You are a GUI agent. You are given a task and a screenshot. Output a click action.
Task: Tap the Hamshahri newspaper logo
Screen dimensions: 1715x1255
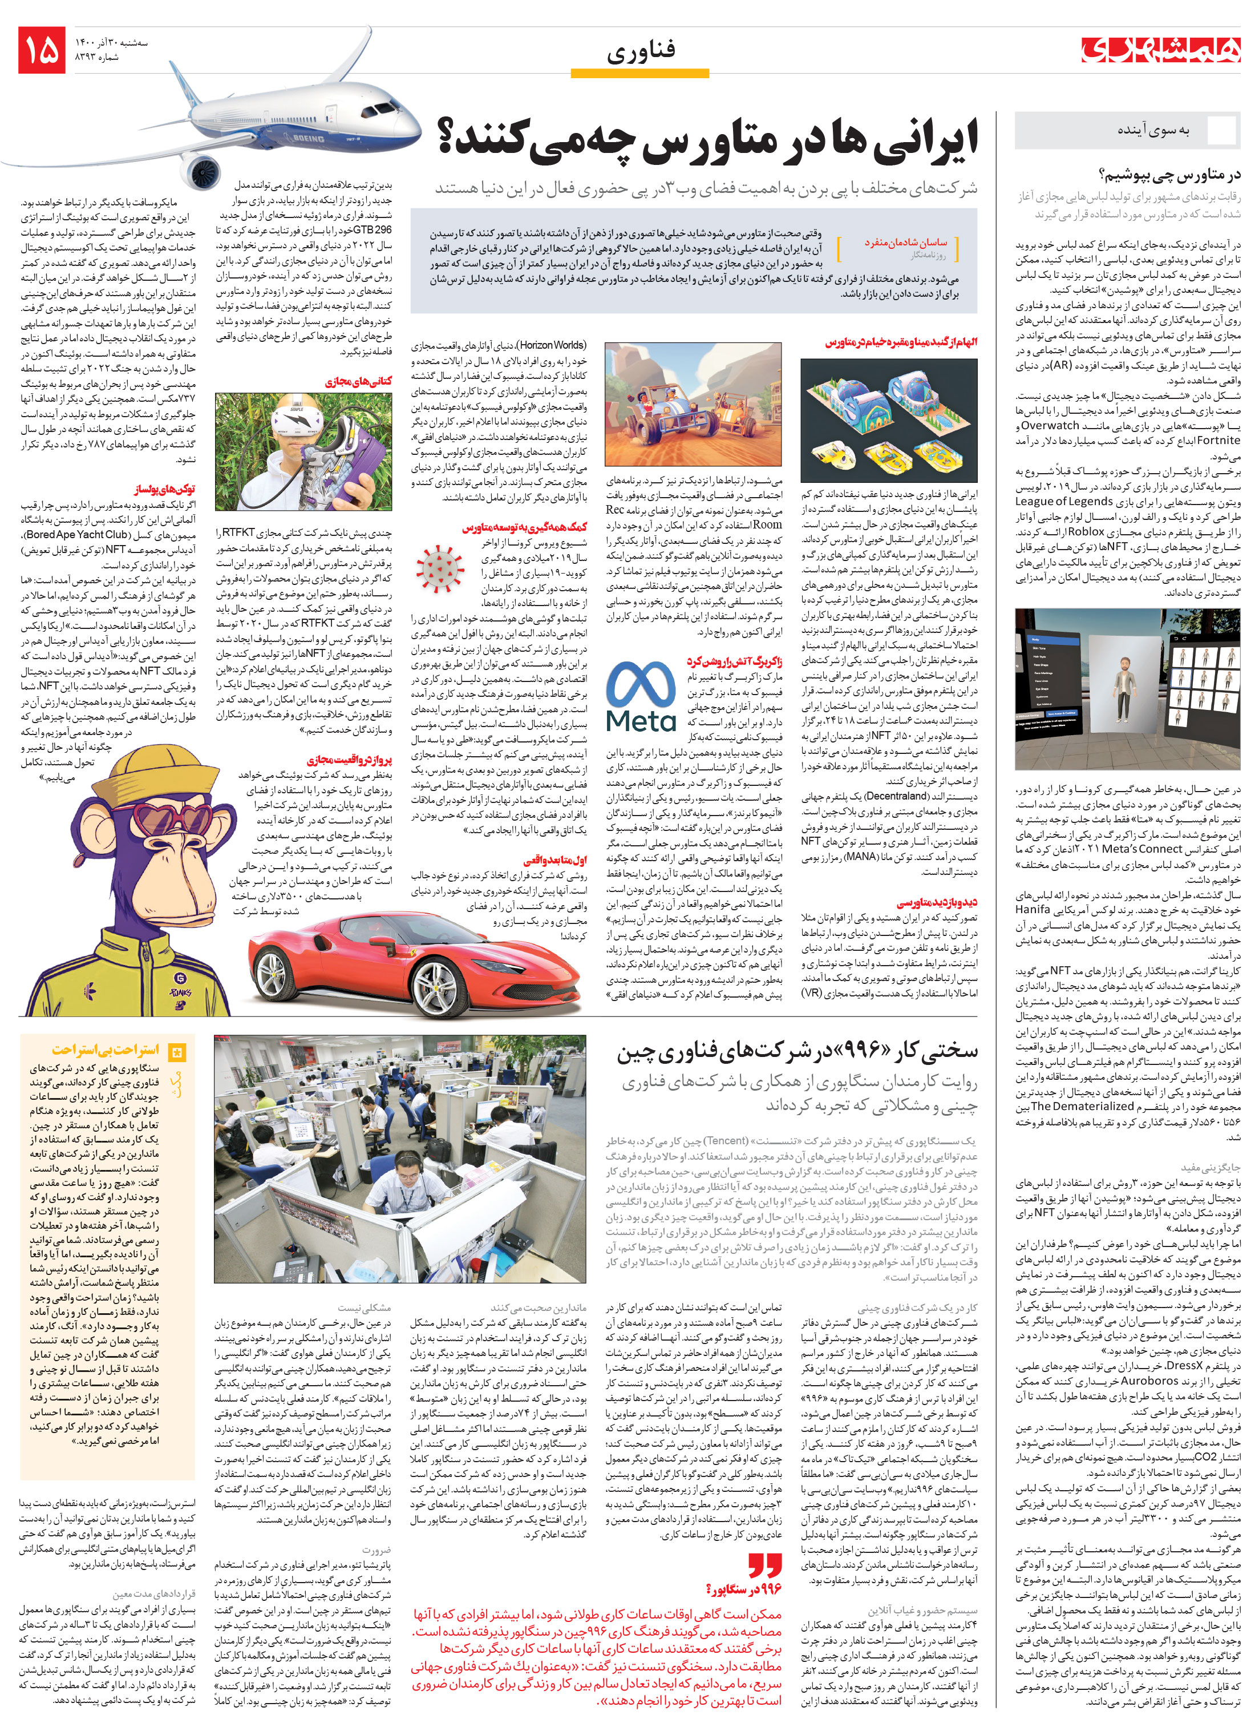pyautogui.click(x=1160, y=50)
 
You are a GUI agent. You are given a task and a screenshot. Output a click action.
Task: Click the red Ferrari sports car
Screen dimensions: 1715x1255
pyautogui.click(x=418, y=965)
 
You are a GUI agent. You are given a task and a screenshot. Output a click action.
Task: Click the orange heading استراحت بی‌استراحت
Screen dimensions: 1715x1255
pyautogui.click(x=106, y=1050)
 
